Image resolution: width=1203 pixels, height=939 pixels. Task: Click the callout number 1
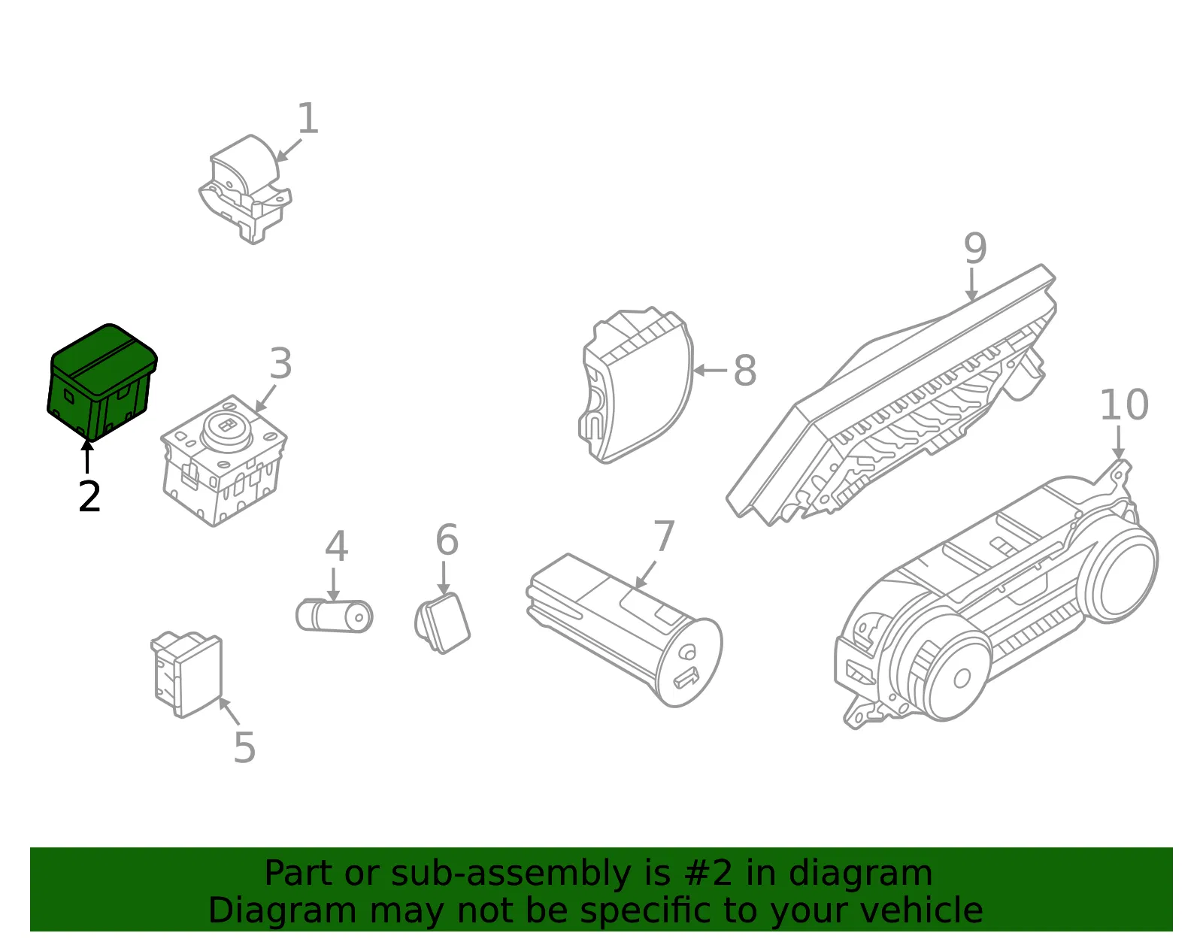click(x=308, y=118)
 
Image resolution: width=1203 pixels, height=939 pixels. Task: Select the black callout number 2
click(x=89, y=496)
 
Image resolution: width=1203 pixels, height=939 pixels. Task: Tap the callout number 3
click(x=280, y=364)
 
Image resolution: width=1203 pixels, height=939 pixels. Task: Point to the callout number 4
click(x=336, y=546)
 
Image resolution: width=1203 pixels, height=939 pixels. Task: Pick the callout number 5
click(x=244, y=747)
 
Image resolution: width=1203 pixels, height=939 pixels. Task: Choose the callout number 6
click(x=447, y=540)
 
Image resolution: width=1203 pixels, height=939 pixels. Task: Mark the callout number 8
click(x=745, y=370)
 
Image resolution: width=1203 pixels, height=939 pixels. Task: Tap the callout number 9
click(x=975, y=248)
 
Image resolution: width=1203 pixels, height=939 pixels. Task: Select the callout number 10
click(x=1124, y=404)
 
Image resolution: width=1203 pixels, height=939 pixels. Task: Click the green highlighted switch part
click(x=102, y=382)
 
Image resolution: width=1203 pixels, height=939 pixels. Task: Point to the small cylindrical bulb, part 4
click(x=335, y=615)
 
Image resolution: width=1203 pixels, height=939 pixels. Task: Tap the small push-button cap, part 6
click(x=442, y=622)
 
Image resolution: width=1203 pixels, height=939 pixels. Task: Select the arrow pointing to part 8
click(x=711, y=370)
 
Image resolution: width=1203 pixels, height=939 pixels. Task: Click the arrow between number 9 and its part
click(x=971, y=284)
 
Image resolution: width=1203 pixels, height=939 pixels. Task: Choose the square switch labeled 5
click(x=187, y=674)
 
